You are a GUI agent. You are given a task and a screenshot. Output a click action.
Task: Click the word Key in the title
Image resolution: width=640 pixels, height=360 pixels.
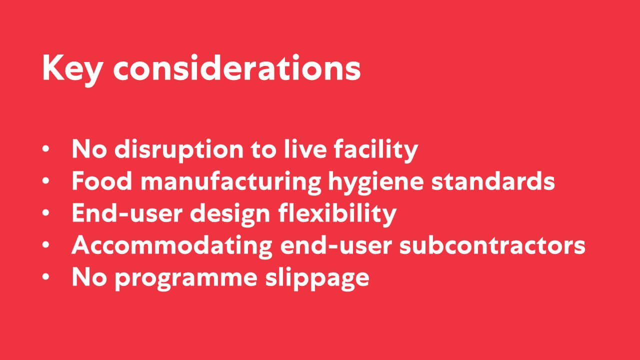(x=72, y=69)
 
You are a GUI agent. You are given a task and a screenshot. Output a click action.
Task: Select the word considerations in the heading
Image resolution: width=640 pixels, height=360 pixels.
(x=237, y=67)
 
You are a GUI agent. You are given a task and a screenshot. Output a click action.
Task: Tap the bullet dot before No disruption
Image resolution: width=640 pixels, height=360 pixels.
(x=45, y=148)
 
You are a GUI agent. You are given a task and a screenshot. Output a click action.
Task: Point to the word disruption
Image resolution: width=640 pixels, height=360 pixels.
(x=179, y=149)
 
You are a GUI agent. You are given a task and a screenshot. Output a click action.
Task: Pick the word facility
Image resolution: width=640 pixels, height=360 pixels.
(x=376, y=149)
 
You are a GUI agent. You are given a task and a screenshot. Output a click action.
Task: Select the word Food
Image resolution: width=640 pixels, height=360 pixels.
(x=102, y=180)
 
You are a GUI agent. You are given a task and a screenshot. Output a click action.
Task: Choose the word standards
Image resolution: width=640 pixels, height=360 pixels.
(x=493, y=180)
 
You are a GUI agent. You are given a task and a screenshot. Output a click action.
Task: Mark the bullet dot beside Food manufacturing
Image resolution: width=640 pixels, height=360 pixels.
(x=45, y=180)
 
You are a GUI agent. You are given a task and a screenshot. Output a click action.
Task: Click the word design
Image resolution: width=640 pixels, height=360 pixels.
(x=230, y=214)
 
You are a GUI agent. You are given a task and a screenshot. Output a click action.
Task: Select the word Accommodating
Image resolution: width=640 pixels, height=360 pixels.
(x=172, y=246)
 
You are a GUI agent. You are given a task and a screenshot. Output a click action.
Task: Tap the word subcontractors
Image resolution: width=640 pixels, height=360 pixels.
(x=492, y=245)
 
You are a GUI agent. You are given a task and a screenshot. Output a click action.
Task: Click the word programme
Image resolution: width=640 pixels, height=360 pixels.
(x=185, y=278)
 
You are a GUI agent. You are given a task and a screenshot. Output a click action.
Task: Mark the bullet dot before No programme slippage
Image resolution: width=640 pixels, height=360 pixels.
(x=45, y=277)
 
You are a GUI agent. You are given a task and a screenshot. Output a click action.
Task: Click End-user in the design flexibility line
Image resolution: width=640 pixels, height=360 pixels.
(x=127, y=212)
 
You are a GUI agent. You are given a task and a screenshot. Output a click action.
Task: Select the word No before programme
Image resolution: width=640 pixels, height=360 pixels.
(x=89, y=276)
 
